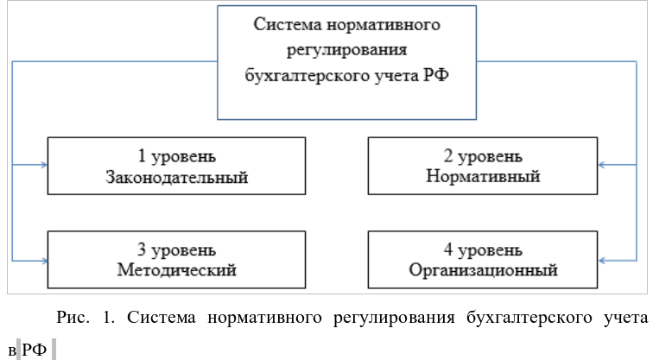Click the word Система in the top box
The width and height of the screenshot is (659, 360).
coord(288,24)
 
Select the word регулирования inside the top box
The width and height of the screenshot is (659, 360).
coord(346,50)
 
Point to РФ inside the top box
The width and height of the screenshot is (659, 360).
coord(436,75)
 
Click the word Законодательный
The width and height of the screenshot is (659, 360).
coord(176,178)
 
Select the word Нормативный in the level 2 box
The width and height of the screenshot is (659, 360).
coord(483,176)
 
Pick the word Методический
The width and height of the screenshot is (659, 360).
coord(176,269)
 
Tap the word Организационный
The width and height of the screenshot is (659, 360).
coord(484,270)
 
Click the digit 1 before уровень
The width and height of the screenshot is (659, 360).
coord(142,156)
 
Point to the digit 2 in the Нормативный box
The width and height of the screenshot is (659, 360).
coord(448,156)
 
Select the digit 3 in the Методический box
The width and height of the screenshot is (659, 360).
coord(142,249)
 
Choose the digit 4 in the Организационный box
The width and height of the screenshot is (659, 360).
coord(448,249)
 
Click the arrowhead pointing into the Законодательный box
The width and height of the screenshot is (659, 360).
coord(44,165)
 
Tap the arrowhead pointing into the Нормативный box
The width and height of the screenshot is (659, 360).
coord(601,165)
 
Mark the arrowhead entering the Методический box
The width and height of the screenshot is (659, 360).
coord(44,261)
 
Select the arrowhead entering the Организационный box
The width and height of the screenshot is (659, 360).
coord(601,261)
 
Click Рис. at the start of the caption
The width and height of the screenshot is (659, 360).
coord(73,317)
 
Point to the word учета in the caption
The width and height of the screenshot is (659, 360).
coord(626,318)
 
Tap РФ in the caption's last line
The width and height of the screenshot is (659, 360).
coord(34,350)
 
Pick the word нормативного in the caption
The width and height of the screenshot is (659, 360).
coord(264,318)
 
